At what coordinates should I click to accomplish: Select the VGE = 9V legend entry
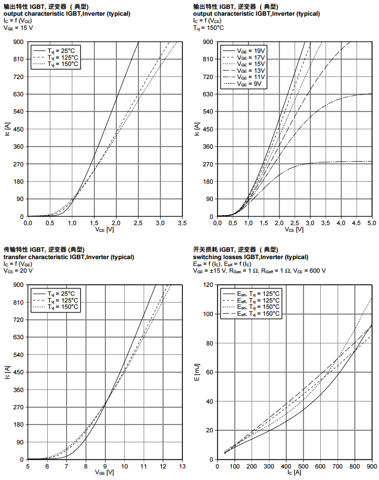(x=250, y=84)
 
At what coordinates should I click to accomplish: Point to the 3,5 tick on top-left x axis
(x=182, y=222)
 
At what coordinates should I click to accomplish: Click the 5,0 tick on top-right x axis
(x=371, y=222)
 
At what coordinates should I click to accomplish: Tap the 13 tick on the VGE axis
(x=182, y=465)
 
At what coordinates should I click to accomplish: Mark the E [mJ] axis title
(x=198, y=372)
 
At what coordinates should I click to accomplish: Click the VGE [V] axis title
(x=104, y=472)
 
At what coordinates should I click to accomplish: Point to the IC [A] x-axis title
(x=294, y=472)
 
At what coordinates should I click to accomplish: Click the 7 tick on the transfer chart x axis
(x=66, y=465)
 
